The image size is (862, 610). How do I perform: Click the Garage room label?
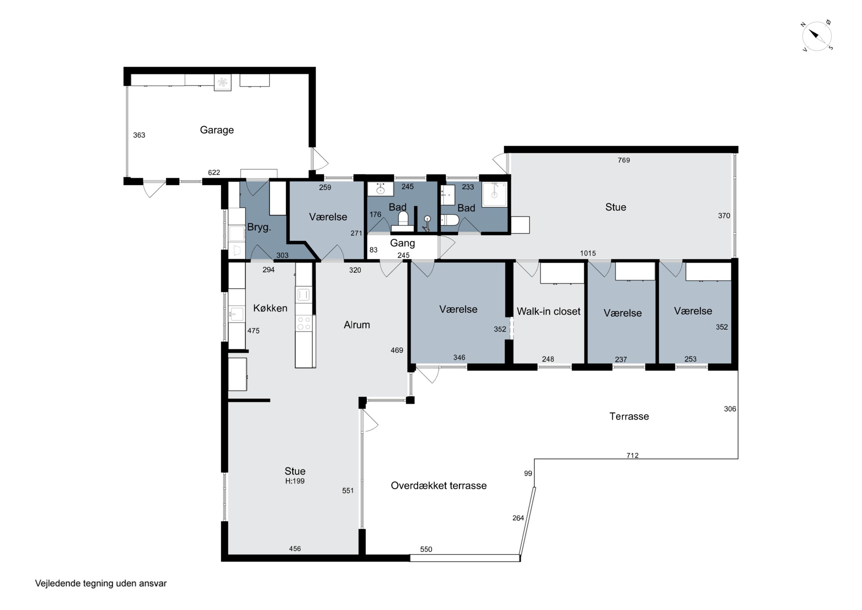tap(217, 130)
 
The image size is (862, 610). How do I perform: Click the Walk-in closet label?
tap(549, 311)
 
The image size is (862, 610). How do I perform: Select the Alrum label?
tap(357, 325)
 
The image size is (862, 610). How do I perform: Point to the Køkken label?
tap(270, 308)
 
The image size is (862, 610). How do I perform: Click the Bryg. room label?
tap(259, 227)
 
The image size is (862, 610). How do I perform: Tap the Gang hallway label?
tap(403, 243)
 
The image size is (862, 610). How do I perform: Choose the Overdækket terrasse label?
tap(438, 485)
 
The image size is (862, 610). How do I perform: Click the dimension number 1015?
tap(588, 253)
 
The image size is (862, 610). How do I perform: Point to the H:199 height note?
tap(295, 481)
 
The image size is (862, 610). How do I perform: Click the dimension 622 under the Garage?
tap(214, 173)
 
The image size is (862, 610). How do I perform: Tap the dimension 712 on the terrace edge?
tap(633, 456)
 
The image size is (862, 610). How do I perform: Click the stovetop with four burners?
tap(304, 323)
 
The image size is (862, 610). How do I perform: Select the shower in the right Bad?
tap(495, 194)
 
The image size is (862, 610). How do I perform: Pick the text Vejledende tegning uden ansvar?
tap(101, 583)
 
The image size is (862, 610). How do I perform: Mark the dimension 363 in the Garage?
tap(139, 135)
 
